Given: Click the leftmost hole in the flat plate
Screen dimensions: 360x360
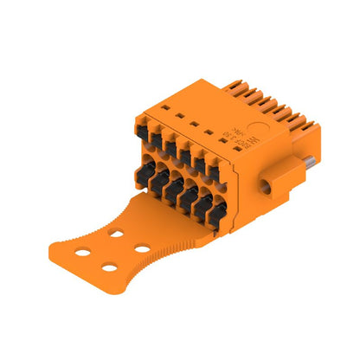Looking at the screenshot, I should pos(85,251).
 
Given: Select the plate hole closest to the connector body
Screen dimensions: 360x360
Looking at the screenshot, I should pos(117,233).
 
